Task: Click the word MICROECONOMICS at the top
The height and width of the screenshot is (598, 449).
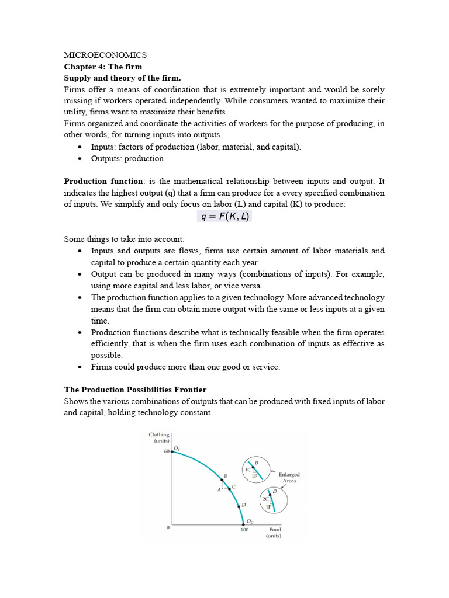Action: click(105, 55)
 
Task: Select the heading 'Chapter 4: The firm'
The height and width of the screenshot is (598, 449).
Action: click(103, 67)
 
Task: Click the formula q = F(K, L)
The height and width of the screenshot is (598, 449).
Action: click(224, 217)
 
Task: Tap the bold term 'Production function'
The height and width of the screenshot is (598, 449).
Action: click(103, 181)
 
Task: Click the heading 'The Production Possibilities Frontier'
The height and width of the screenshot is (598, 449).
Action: click(135, 390)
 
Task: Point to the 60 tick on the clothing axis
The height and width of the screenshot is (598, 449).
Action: click(166, 451)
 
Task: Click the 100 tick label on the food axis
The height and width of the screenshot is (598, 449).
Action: click(244, 530)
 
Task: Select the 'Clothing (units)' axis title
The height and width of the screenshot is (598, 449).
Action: click(159, 438)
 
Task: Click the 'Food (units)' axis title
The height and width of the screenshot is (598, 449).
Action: click(274, 533)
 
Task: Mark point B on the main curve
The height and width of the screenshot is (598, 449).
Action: click(222, 480)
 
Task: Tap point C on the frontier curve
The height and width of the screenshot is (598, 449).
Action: click(230, 489)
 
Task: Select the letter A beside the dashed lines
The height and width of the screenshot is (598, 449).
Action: click(219, 490)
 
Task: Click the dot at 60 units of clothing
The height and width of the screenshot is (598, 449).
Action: click(172, 451)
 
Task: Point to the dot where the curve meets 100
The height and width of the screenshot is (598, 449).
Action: click(244, 524)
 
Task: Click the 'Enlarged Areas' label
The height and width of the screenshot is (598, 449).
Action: click(288, 478)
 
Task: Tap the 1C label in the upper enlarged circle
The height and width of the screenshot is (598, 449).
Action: click(248, 470)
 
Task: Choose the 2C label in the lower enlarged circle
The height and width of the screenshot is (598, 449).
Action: click(265, 499)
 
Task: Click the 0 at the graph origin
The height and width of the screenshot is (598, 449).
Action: click(168, 527)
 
